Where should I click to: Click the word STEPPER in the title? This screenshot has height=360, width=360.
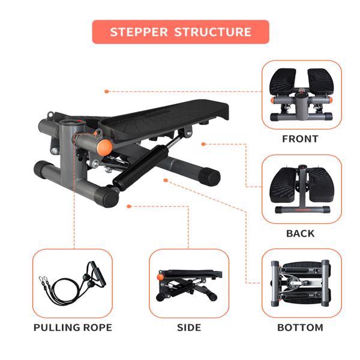[x=139, y=32]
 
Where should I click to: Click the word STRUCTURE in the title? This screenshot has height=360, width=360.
[x=212, y=32]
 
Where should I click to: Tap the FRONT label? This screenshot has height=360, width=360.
[x=300, y=139]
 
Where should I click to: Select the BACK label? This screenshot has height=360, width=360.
[x=300, y=233]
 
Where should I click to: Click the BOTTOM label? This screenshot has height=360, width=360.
[x=300, y=328]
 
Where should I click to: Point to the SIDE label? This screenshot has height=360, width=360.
[x=188, y=328]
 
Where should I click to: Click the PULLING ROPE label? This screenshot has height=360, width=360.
[x=73, y=328]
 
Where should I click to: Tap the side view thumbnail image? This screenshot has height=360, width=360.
[x=188, y=283]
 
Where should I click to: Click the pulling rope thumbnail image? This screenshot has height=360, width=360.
[x=72, y=283]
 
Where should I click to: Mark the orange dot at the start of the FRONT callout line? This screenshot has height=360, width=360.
[x=106, y=91]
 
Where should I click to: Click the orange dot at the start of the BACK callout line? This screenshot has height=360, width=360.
[x=203, y=144]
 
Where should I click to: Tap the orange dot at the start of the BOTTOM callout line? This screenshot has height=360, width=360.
[x=166, y=179]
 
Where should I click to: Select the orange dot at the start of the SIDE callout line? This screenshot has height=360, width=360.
[x=128, y=206]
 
